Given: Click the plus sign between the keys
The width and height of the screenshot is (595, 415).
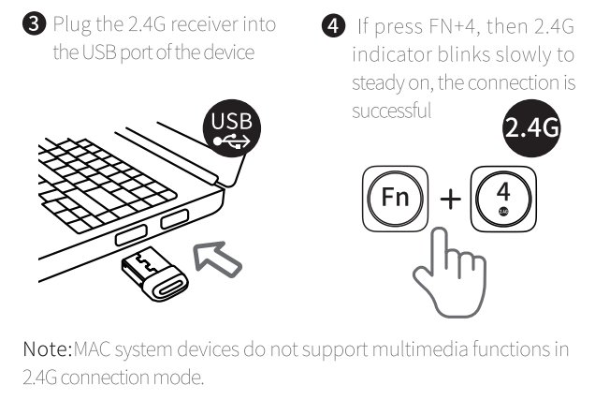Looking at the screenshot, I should [x=451, y=200].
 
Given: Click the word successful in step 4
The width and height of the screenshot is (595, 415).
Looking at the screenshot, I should [x=391, y=110].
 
